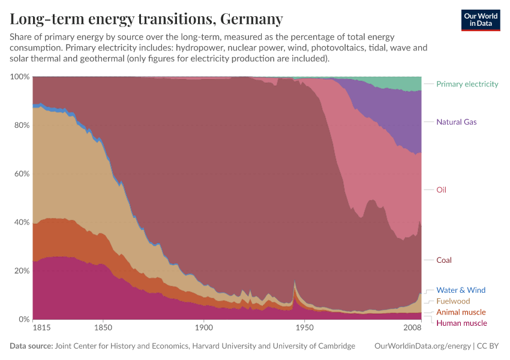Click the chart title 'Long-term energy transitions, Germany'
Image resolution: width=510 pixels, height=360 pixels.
(x=146, y=19)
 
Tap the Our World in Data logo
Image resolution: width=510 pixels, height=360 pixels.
(x=481, y=20)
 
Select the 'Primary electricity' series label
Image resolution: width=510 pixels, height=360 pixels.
(x=467, y=84)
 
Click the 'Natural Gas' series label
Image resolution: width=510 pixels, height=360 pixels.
(x=456, y=122)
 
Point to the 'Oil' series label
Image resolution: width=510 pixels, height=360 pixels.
(x=441, y=190)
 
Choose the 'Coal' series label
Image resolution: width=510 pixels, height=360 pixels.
(x=444, y=260)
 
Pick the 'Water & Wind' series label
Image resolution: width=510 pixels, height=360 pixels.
(x=461, y=290)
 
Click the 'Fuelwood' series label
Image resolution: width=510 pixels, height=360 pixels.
(x=453, y=301)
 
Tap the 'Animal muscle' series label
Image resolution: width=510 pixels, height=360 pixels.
(x=461, y=312)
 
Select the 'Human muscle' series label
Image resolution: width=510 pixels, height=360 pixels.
(x=461, y=323)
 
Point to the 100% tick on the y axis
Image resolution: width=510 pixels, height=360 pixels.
(x=20, y=77)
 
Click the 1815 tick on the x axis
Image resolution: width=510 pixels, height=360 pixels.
(x=42, y=328)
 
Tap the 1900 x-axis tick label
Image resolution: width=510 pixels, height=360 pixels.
(x=204, y=328)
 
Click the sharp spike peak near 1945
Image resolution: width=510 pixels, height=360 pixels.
(x=295, y=281)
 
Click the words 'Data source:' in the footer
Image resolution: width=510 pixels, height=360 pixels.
(x=31, y=346)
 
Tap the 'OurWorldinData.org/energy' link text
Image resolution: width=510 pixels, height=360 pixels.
(x=422, y=346)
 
